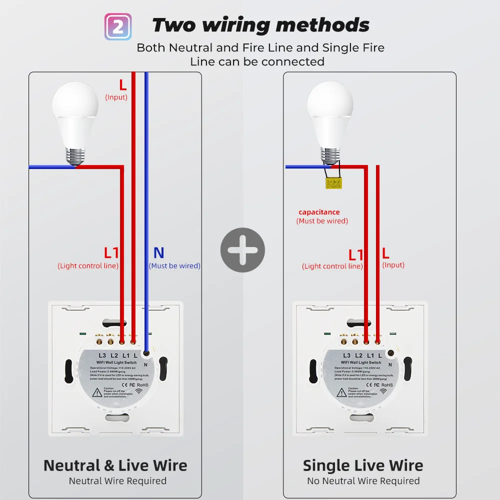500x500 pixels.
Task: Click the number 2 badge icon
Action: click(x=118, y=26)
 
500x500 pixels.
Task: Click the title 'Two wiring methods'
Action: click(x=260, y=25)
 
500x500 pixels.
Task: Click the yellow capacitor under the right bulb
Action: click(x=333, y=183)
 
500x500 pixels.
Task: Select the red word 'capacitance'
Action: click(x=319, y=212)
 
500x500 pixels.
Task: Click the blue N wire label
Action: click(x=158, y=253)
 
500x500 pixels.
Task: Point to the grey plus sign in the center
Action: click(x=242, y=250)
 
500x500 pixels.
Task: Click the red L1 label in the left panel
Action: click(x=111, y=253)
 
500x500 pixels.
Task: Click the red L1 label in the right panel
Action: click(x=355, y=255)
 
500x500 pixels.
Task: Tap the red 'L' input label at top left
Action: click(x=122, y=85)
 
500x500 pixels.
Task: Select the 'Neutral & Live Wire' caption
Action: click(x=115, y=465)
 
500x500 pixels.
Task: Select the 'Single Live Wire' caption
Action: click(x=363, y=465)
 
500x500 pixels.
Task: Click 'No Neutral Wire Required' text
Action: click(x=363, y=481)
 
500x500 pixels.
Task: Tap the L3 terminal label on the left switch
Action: click(x=102, y=355)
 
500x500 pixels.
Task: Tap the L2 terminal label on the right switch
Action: click(x=358, y=355)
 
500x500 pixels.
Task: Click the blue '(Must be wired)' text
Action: click(x=174, y=266)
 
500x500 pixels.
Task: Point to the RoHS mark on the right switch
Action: click(x=387, y=385)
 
